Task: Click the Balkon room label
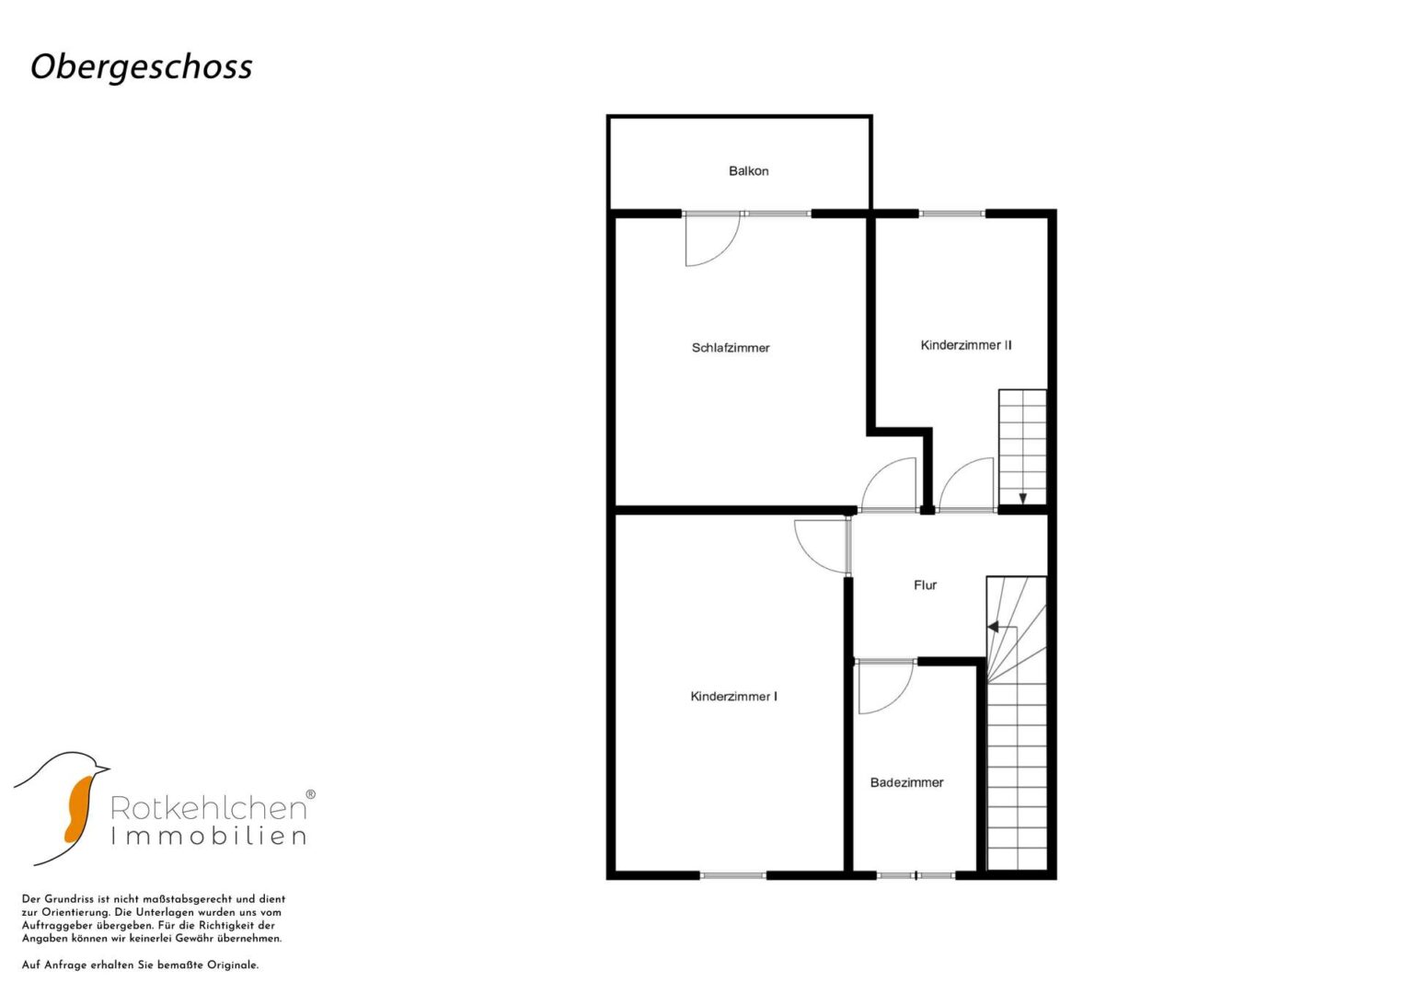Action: click(748, 170)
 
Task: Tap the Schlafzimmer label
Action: click(731, 348)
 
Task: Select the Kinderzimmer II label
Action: click(966, 345)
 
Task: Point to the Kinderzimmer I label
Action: click(734, 697)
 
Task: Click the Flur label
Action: click(926, 584)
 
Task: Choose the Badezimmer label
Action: click(907, 782)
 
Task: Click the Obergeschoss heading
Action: click(142, 67)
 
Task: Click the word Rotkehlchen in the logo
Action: click(208, 808)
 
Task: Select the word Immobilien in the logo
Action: click(208, 837)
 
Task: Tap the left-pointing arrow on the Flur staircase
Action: click(994, 626)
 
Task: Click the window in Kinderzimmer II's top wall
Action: click(952, 214)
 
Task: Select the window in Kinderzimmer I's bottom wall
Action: click(733, 875)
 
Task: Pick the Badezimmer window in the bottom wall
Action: click(916, 875)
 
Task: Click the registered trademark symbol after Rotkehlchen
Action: click(310, 793)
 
